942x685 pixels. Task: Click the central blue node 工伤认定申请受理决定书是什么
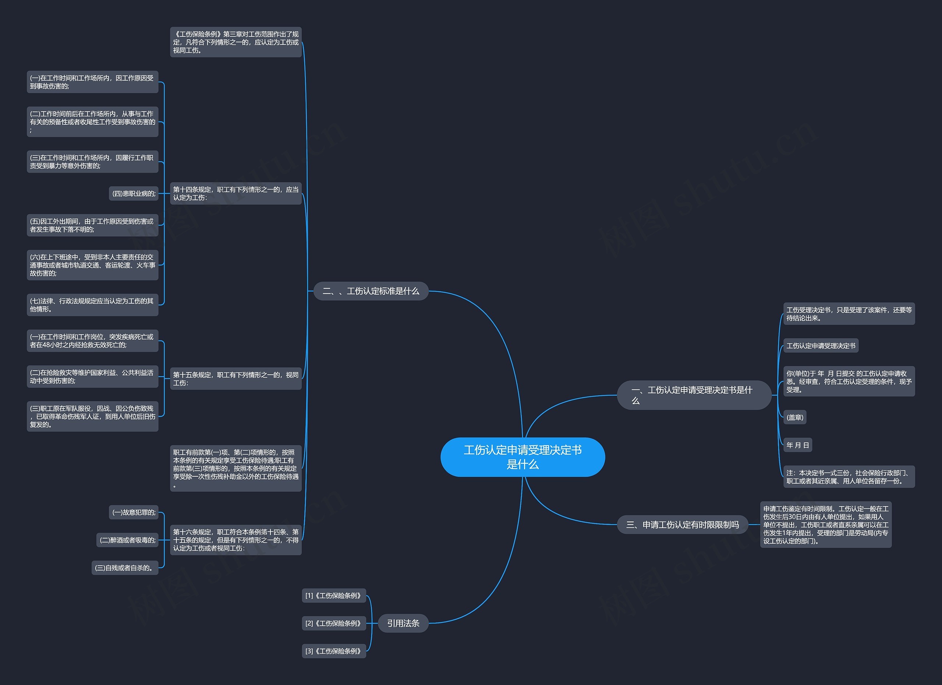click(x=523, y=457)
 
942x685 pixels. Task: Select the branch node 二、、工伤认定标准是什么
click(x=371, y=291)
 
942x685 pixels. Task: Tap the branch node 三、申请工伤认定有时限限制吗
click(x=683, y=525)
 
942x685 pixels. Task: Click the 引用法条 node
click(x=403, y=623)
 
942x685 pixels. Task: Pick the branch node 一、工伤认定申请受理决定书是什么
click(x=694, y=395)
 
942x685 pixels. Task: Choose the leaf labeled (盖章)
click(x=794, y=417)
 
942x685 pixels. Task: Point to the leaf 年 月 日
click(x=797, y=445)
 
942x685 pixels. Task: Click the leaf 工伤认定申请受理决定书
click(x=821, y=346)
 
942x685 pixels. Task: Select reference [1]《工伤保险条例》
click(x=333, y=595)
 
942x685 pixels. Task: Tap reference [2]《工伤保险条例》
click(x=333, y=623)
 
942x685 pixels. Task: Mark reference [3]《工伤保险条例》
click(x=333, y=651)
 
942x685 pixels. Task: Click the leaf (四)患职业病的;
click(x=134, y=193)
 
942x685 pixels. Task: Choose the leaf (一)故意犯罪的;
click(x=134, y=512)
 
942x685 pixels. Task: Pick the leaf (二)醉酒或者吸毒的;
click(x=128, y=540)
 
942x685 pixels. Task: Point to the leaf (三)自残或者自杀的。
click(x=125, y=568)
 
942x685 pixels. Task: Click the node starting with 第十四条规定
click(x=235, y=193)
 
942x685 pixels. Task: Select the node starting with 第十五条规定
click(x=235, y=378)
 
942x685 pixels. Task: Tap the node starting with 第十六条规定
click(x=235, y=540)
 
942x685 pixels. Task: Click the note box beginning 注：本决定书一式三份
click(x=849, y=476)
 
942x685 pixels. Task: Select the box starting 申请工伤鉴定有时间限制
click(x=825, y=524)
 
